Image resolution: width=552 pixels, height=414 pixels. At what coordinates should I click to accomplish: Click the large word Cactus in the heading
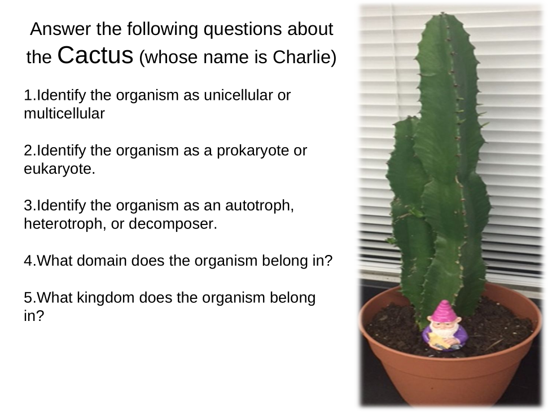(x=95, y=55)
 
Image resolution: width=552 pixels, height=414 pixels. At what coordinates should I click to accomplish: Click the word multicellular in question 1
(x=64, y=113)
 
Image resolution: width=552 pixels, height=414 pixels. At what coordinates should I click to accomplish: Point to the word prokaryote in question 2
(x=253, y=151)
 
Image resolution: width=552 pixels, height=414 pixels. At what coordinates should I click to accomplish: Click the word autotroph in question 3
(x=258, y=205)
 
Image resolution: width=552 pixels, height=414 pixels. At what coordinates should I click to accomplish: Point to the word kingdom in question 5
(x=106, y=298)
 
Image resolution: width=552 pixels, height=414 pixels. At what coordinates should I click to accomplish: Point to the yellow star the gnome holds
(x=438, y=340)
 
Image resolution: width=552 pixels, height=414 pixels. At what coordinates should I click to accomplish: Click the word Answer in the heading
(x=60, y=29)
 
